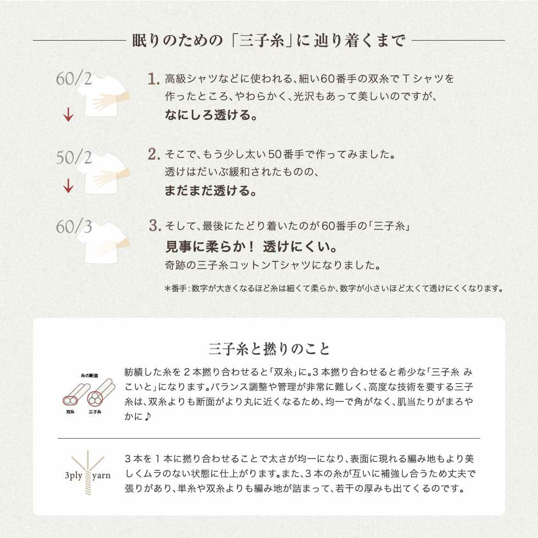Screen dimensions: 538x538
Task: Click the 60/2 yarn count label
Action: (74, 79)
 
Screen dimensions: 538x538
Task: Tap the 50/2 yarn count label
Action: (74, 158)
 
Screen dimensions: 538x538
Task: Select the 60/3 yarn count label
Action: (74, 226)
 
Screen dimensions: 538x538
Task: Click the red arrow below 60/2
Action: (68, 115)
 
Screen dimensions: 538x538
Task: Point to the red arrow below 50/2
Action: (68, 187)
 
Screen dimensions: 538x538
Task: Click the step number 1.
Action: (153, 79)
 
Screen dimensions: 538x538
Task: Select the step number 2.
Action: (153, 154)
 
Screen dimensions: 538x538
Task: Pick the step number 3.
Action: (154, 225)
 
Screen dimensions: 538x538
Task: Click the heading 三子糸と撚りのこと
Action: (269, 349)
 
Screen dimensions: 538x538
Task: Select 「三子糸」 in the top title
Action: (260, 40)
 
